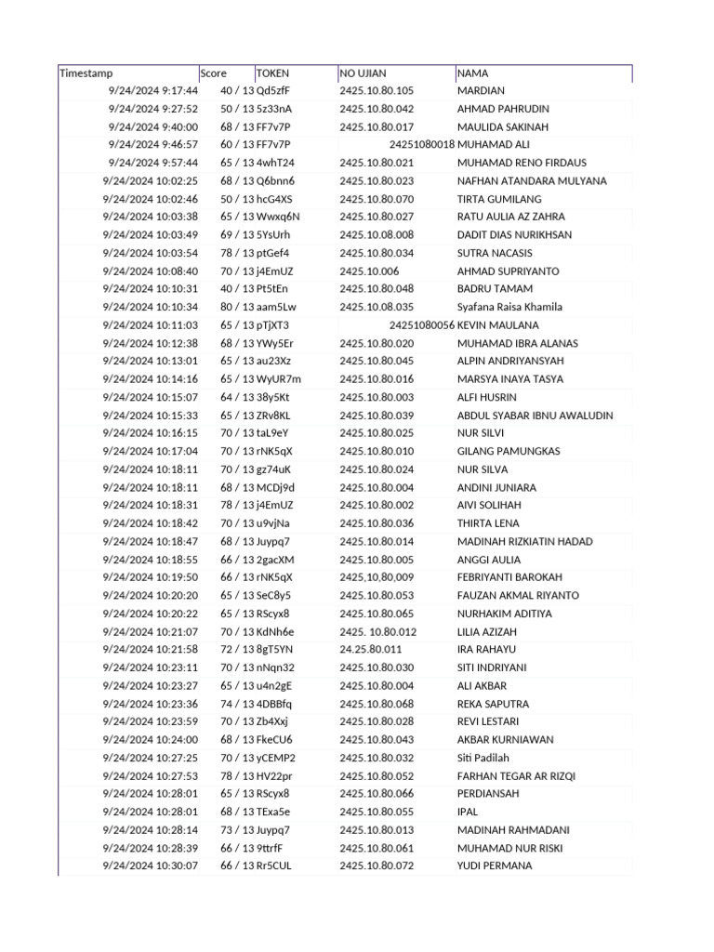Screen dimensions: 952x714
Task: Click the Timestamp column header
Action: tap(86, 73)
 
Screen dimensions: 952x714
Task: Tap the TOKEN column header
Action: tap(272, 73)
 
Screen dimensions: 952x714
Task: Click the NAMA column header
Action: tap(472, 73)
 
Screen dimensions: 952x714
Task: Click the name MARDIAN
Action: tap(481, 91)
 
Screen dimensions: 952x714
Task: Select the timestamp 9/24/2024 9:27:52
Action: tap(152, 109)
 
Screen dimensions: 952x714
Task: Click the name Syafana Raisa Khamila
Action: tap(509, 307)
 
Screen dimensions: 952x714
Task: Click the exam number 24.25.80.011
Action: tap(370, 650)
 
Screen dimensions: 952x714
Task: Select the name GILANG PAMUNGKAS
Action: tap(509, 452)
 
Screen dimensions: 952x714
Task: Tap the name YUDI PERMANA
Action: tap(495, 866)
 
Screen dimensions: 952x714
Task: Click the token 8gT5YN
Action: tap(274, 650)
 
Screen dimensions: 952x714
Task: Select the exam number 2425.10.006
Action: tap(369, 271)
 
